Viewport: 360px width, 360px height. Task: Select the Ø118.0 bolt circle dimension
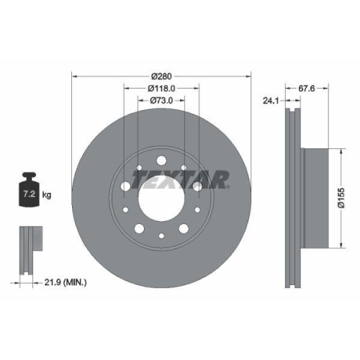pos(161,88)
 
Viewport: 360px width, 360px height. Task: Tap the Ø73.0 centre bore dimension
pos(161,100)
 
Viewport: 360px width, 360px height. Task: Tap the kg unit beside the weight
pos(46,195)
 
